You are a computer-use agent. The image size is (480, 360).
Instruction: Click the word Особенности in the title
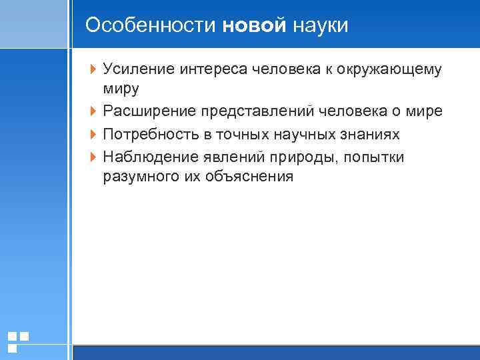pyautogui.click(x=151, y=25)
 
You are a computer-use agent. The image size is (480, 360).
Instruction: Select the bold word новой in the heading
pyautogui.click(x=254, y=25)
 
